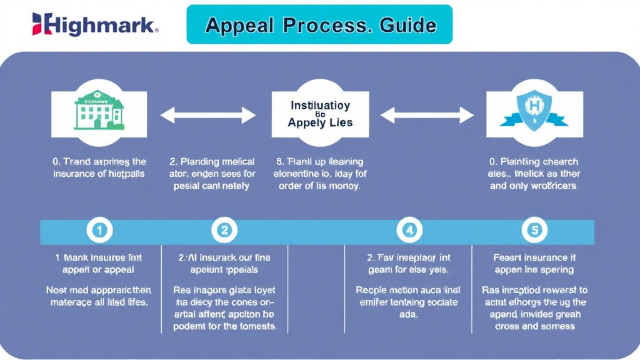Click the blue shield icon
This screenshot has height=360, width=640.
pyautogui.click(x=534, y=111)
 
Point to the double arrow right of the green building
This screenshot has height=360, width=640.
pyautogui.click(x=208, y=115)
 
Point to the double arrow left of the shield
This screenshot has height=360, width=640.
pyautogui.click(x=427, y=115)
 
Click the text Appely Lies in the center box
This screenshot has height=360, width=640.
pyautogui.click(x=320, y=123)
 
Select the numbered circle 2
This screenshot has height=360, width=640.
pyautogui.click(x=224, y=231)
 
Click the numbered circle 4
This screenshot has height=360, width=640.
pyautogui.click(x=409, y=231)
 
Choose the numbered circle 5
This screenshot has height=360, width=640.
pyautogui.click(x=534, y=231)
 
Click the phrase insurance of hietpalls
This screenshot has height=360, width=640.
pyautogui.click(x=99, y=173)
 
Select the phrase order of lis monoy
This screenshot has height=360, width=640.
pyautogui.click(x=320, y=186)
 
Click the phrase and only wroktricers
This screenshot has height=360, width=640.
pyautogui.click(x=534, y=186)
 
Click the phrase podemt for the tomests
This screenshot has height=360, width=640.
pyautogui.click(x=224, y=327)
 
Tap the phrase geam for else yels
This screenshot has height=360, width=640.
pyautogui.click(x=409, y=270)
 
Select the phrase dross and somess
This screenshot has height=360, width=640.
pyautogui.click(x=534, y=326)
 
